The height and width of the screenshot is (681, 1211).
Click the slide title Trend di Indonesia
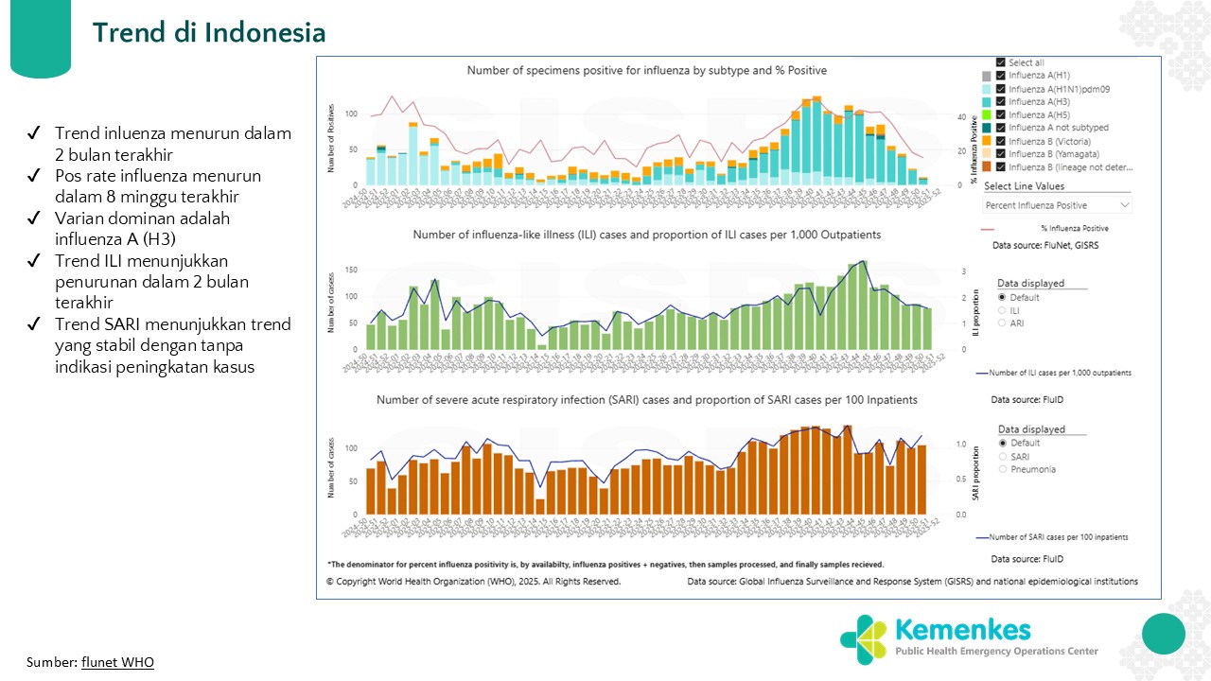tap(209, 33)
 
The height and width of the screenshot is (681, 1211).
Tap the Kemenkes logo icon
tap(862, 638)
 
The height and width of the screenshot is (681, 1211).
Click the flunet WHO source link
tap(117, 662)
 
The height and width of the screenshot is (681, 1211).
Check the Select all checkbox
tap(1001, 62)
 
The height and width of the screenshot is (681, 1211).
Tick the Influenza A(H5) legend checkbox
tap(1001, 114)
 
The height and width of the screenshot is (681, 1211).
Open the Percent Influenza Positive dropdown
tap(1057, 204)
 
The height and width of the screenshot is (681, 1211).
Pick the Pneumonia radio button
tap(1004, 469)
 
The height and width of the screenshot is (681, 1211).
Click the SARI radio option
tap(1004, 456)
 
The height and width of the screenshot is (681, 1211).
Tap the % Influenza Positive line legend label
tap(1074, 228)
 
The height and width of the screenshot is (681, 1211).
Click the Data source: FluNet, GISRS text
tap(1044, 245)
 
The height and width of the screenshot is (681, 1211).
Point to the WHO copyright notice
tap(473, 582)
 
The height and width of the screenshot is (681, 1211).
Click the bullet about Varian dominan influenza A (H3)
tap(142, 228)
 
